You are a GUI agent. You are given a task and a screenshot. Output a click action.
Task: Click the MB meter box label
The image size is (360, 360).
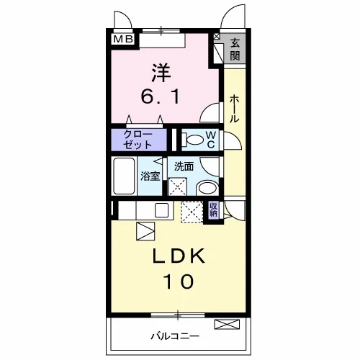pyautogui.click(x=123, y=39)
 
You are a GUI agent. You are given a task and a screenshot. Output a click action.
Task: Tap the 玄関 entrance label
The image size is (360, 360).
pyautogui.click(x=235, y=50)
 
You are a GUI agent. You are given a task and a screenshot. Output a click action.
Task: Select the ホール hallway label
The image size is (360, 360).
pyautogui.click(x=234, y=109)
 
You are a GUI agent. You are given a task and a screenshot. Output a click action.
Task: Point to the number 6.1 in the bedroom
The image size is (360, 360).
pyautogui.click(x=161, y=96)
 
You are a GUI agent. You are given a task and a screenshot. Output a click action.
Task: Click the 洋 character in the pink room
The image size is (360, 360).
pyautogui.click(x=161, y=73)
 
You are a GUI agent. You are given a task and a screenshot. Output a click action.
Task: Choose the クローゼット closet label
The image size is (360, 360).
pyautogui.click(x=138, y=140)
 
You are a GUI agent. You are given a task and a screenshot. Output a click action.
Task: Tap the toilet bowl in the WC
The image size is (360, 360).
pyautogui.click(x=194, y=140)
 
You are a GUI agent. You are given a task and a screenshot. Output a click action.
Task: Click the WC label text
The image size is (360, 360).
pyautogui.click(x=211, y=140)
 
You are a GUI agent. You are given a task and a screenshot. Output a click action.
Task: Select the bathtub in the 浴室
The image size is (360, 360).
pyautogui.click(x=124, y=176)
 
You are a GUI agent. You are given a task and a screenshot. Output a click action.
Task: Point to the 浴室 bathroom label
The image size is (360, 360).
pyautogui.click(x=150, y=176)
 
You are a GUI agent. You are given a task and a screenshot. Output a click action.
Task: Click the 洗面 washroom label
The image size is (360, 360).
pyautogui.click(x=184, y=166)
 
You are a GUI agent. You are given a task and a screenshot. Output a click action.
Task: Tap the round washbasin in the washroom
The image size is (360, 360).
pyautogui.click(x=207, y=189)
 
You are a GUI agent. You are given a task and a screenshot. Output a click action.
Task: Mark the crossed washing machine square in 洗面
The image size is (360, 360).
pyautogui.click(x=178, y=186)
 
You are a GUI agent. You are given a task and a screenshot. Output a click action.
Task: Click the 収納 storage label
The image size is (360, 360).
pyautogui.click(x=213, y=210)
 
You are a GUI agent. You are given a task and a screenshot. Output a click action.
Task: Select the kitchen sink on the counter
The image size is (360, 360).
pyautogui.click(x=161, y=210)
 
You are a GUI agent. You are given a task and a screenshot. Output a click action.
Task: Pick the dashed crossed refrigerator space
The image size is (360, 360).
pyautogui.click(x=192, y=212)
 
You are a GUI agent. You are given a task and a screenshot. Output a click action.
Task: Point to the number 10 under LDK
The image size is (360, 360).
pyautogui.click(x=179, y=282)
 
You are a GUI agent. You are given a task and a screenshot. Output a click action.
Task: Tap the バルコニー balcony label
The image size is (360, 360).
pyautogui.click(x=175, y=336)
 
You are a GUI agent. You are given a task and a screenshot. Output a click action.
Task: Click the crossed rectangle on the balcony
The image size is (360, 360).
pyautogui.click(x=227, y=324)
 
